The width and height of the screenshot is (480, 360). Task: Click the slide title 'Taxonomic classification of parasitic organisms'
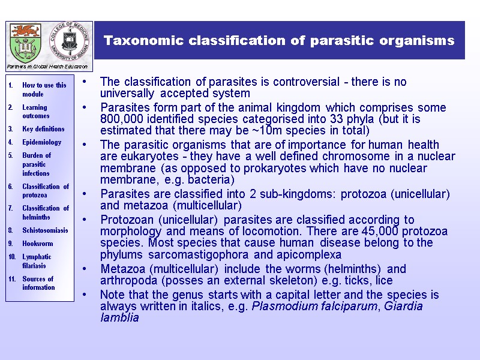(279, 41)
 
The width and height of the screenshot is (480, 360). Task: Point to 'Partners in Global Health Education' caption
(47, 67)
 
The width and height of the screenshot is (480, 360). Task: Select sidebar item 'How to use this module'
(44, 89)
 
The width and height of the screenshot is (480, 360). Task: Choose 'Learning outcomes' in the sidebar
(36, 112)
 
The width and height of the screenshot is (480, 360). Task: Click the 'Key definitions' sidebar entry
(43, 129)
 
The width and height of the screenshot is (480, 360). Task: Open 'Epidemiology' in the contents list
(41, 142)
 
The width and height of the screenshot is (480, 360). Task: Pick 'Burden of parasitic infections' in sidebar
(37, 164)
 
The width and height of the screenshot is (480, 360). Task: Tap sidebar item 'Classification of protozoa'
(45, 191)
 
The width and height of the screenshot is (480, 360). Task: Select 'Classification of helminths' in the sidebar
(45, 212)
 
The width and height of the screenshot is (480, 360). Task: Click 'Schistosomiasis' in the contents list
(45, 230)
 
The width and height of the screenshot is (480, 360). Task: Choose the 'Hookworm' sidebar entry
(37, 244)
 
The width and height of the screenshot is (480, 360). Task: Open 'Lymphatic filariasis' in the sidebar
(37, 261)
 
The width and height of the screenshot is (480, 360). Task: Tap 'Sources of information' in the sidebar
(38, 283)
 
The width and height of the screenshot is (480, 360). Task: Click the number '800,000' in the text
(121, 119)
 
